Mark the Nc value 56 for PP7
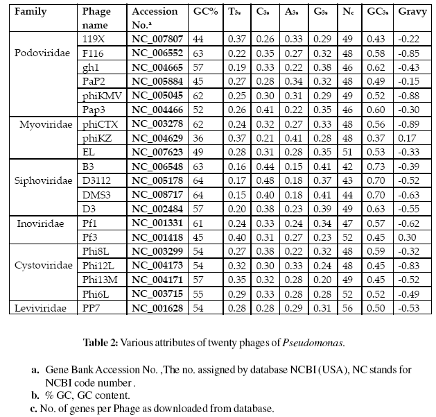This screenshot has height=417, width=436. (347, 307)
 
